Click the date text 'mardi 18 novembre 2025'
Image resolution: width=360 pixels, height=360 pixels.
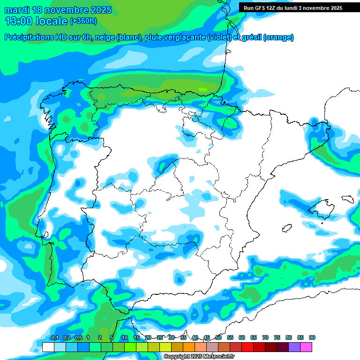click(58, 10)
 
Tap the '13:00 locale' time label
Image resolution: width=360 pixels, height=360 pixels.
click(36, 21)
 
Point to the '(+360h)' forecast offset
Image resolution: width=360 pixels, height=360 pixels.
click(83, 21)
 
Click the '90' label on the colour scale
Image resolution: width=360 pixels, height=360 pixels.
click(312, 337)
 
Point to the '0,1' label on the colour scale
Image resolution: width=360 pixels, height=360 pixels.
click(54, 337)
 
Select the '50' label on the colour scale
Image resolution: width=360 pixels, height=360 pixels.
click(218, 337)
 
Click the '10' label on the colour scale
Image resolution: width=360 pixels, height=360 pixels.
click(125, 337)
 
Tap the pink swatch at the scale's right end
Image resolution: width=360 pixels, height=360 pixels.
click(306, 347)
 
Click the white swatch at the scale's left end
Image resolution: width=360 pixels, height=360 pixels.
click(48, 347)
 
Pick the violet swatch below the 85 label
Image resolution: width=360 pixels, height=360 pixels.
click(294, 347)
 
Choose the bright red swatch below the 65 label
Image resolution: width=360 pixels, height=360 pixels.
click(247, 347)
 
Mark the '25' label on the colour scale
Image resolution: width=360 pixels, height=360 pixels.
click(160, 337)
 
